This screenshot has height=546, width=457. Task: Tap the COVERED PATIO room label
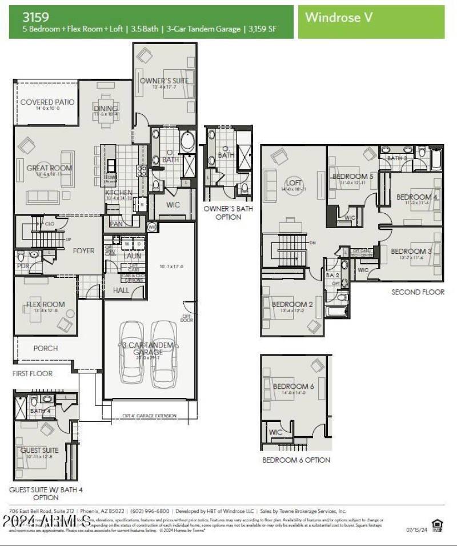click(x=47, y=102)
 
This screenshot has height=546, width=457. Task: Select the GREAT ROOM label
click(x=49, y=168)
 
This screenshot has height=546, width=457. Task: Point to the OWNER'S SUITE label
click(x=164, y=81)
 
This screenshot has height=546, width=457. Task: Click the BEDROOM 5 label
click(x=353, y=177)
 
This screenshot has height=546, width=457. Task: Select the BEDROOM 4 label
click(x=417, y=198)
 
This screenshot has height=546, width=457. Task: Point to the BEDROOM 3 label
click(x=411, y=252)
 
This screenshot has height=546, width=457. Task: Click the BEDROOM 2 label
click(x=292, y=304)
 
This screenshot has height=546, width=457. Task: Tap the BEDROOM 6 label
click(x=293, y=386)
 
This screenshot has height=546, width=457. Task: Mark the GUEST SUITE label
click(x=39, y=451)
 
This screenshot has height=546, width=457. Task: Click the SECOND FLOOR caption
click(x=418, y=292)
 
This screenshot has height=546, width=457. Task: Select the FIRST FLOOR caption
click(x=33, y=373)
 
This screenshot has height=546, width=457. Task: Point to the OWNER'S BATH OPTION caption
click(x=228, y=213)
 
